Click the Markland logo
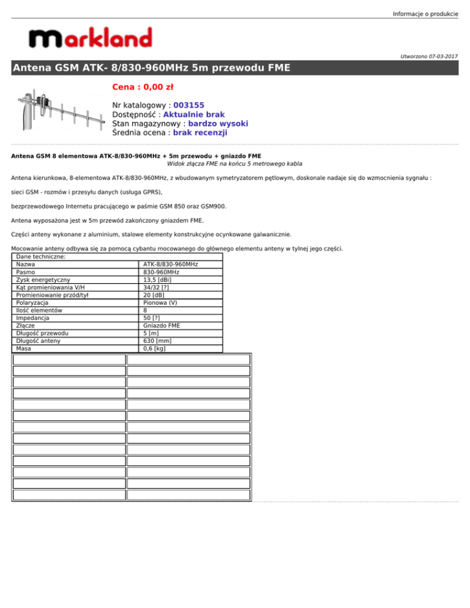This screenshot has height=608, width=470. coord(91,40)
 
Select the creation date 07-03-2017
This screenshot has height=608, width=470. coord(439,56)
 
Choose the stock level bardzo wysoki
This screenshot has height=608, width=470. coord(214,123)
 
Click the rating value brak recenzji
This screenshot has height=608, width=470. coord(200,132)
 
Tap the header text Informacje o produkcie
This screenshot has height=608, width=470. coord(425,13)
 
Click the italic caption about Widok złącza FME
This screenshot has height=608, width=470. coord(234,164)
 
